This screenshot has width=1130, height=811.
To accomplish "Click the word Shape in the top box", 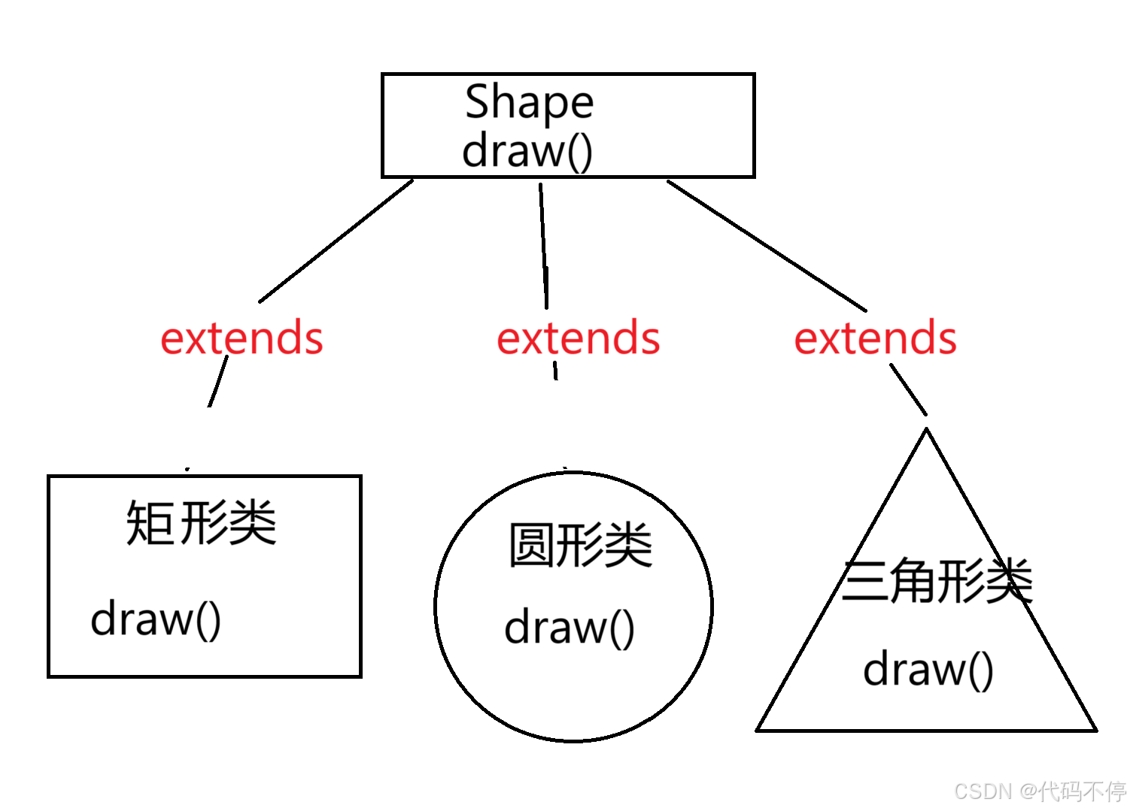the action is tap(529, 102).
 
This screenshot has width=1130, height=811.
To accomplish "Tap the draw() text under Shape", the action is tap(527, 151).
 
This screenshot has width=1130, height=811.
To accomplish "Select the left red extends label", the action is tap(241, 338).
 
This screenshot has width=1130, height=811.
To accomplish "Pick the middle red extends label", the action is tap(578, 338).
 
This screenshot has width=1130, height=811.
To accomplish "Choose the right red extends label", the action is tap(875, 338).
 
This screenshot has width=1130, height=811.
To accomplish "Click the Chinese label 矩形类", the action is tap(202, 522).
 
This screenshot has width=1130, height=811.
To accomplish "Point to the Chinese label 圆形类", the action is tap(580, 545).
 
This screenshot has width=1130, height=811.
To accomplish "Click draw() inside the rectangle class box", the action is tap(156, 619).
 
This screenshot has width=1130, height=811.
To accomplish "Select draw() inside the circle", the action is tap(570, 628).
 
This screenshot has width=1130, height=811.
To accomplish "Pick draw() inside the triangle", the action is tap(928, 670).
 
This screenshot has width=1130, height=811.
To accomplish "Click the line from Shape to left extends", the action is tap(336, 241).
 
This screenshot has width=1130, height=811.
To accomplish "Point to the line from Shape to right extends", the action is tap(766, 245).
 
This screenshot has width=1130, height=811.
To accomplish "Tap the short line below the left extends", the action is tap(218, 382).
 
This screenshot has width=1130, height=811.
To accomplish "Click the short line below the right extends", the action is tap(909, 389).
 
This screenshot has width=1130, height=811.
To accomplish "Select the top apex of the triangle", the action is tap(926, 431).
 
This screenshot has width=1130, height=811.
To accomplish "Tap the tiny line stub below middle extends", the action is tap(555, 371).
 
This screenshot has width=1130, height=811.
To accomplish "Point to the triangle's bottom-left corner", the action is tap(758, 729).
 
